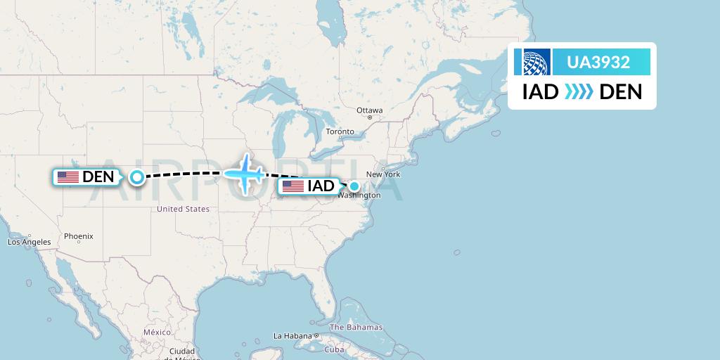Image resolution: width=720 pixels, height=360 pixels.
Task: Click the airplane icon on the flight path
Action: click(244, 172)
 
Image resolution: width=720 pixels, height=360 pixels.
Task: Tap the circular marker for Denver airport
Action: click(137, 177)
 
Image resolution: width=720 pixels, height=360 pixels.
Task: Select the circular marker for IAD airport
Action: click(355, 186)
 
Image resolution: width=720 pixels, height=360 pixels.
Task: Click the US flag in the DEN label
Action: click(68, 177)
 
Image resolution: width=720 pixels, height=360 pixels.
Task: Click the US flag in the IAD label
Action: click(292, 186)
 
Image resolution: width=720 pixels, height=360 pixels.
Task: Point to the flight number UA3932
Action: click(600, 63)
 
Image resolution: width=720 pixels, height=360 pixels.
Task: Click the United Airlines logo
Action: click(536, 62)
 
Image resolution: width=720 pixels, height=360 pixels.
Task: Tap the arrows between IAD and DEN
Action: click(579, 91)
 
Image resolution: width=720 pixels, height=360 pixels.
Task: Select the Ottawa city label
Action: click(369, 110)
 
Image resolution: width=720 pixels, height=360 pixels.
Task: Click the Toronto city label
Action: click(340, 131)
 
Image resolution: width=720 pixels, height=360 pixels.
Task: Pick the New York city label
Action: click(382, 174)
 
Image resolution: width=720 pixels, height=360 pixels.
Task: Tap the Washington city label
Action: click(359, 195)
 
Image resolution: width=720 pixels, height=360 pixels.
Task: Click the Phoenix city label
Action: click(79, 236)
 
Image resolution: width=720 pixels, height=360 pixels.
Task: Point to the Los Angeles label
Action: click(30, 242)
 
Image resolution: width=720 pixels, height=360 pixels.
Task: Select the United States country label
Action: click(183, 209)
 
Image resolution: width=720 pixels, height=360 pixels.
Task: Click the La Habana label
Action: click(292, 335)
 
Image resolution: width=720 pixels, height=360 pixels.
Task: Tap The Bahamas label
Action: click(356, 327)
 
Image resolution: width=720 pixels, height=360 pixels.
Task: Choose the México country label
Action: click(157, 332)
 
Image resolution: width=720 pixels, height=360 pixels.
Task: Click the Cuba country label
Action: click(334, 349)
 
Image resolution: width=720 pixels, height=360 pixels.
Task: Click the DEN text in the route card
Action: click(620, 91)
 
